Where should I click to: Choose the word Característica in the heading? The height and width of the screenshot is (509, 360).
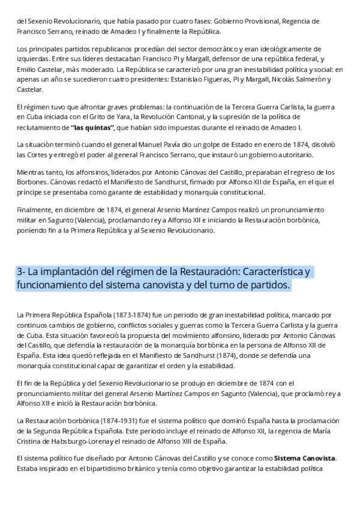click(x=273, y=272)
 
